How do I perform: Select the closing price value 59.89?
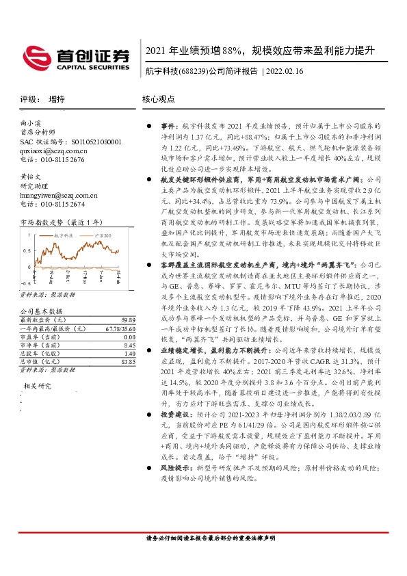(x=124, y=320)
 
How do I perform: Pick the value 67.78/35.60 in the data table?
(x=117, y=328)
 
